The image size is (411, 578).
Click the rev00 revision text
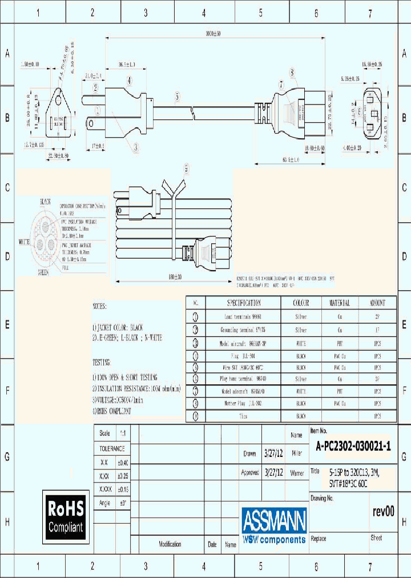point(382,512)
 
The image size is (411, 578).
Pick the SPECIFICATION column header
point(244,303)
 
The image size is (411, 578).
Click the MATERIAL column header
point(339,303)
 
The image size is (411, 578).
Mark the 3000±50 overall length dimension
point(213,34)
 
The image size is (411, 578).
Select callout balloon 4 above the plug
point(129,81)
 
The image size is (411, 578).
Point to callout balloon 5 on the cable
point(178,97)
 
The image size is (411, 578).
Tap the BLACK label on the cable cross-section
point(45,202)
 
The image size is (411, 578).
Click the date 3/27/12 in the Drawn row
point(274,453)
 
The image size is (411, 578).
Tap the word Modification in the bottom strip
point(170,544)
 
